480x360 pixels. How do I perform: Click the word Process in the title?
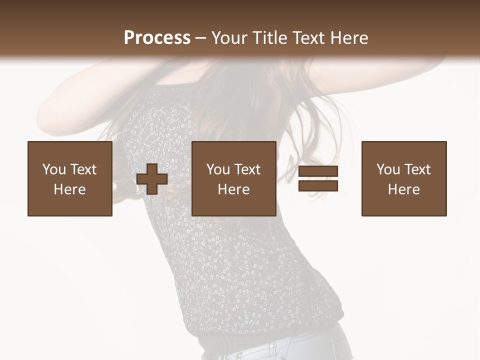tap(157, 38)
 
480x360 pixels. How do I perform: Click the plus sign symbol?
tap(152, 179)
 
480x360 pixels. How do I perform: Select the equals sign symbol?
tap(318, 179)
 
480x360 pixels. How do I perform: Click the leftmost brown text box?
tap(70, 179)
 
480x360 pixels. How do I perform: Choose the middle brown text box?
tap(234, 179)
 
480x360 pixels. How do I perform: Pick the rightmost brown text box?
tap(404, 179)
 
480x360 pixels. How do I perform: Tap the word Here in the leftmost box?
tap(70, 189)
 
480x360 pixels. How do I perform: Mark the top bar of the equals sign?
tap(318, 171)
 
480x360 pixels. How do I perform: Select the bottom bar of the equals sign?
tap(318, 186)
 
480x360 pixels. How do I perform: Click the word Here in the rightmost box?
tap(404, 189)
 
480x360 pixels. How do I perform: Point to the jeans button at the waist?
tap(272, 346)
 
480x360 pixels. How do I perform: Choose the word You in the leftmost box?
tap(54, 169)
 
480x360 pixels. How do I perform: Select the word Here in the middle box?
tap(234, 189)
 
